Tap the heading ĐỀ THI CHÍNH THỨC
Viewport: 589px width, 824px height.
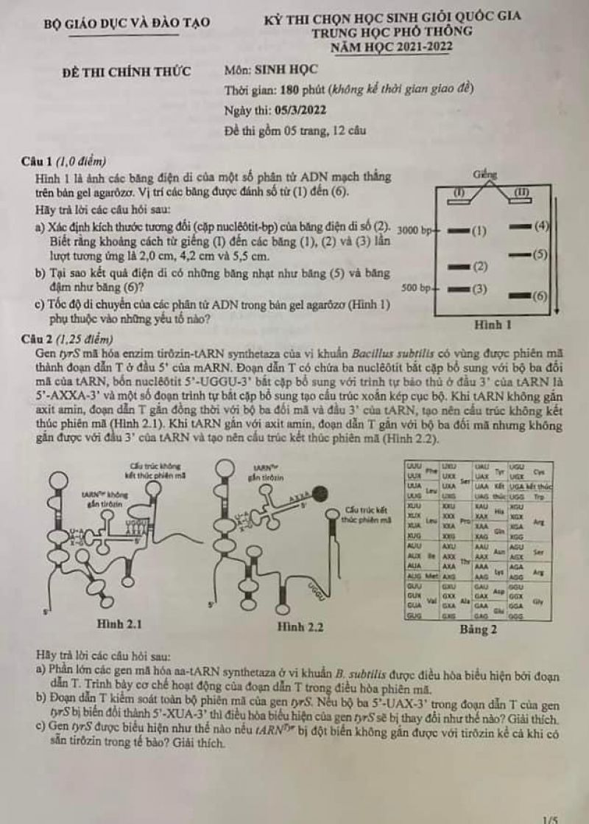point(127,71)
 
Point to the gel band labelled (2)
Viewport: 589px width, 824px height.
point(458,265)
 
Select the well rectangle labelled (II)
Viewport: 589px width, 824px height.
point(522,192)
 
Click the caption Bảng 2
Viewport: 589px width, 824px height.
point(476,630)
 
